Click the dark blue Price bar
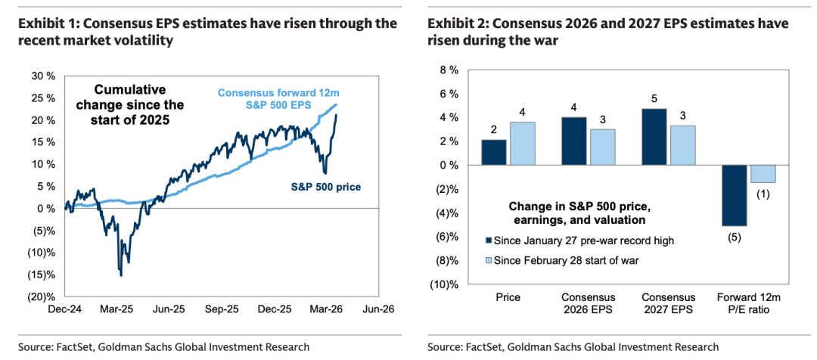pos(494,152)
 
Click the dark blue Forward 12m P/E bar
pos(734,195)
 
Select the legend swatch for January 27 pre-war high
pos(487,241)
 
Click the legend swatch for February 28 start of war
pos(487,260)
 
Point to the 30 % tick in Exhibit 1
pos(42,76)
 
